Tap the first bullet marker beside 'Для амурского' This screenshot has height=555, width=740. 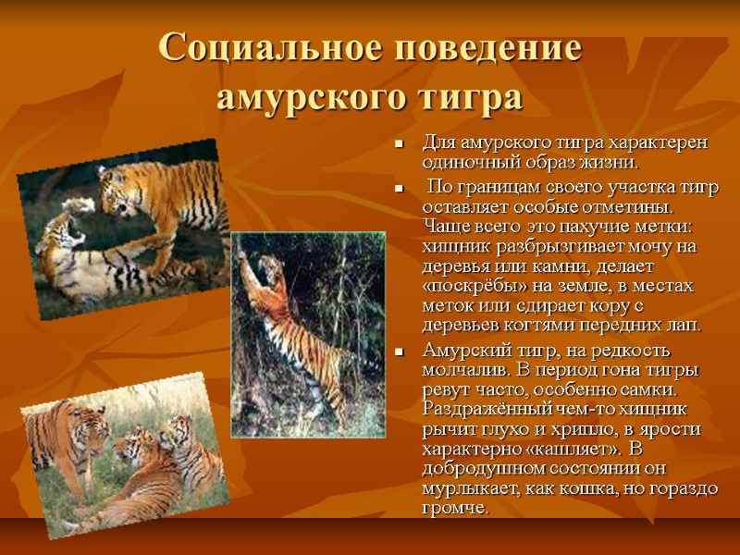pos(399,145)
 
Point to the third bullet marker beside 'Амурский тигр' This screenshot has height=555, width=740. pos(399,352)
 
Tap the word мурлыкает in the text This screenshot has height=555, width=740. pos(467,490)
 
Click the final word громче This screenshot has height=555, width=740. pos(456,510)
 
